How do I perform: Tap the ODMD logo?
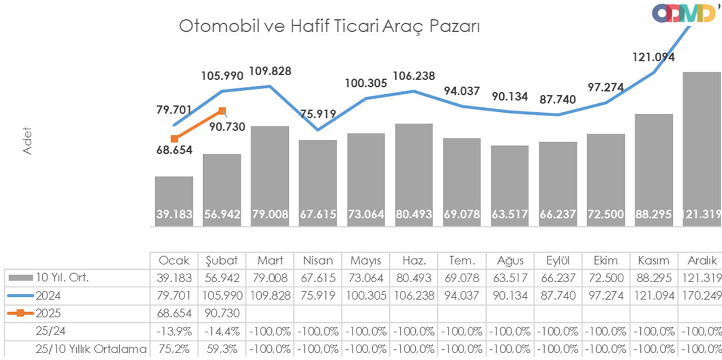684,13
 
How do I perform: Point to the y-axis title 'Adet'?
27,141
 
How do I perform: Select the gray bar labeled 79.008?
270,175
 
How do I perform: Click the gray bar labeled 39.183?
174,200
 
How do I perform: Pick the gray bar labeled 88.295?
654,169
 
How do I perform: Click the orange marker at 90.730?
222,111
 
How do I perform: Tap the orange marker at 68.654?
174,139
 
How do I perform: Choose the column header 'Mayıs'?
366,261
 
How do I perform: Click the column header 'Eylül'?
557,261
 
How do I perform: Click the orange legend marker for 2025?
20,313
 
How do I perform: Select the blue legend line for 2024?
20,296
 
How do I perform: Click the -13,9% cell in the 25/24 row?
174,331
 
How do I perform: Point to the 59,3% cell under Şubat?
222,349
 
